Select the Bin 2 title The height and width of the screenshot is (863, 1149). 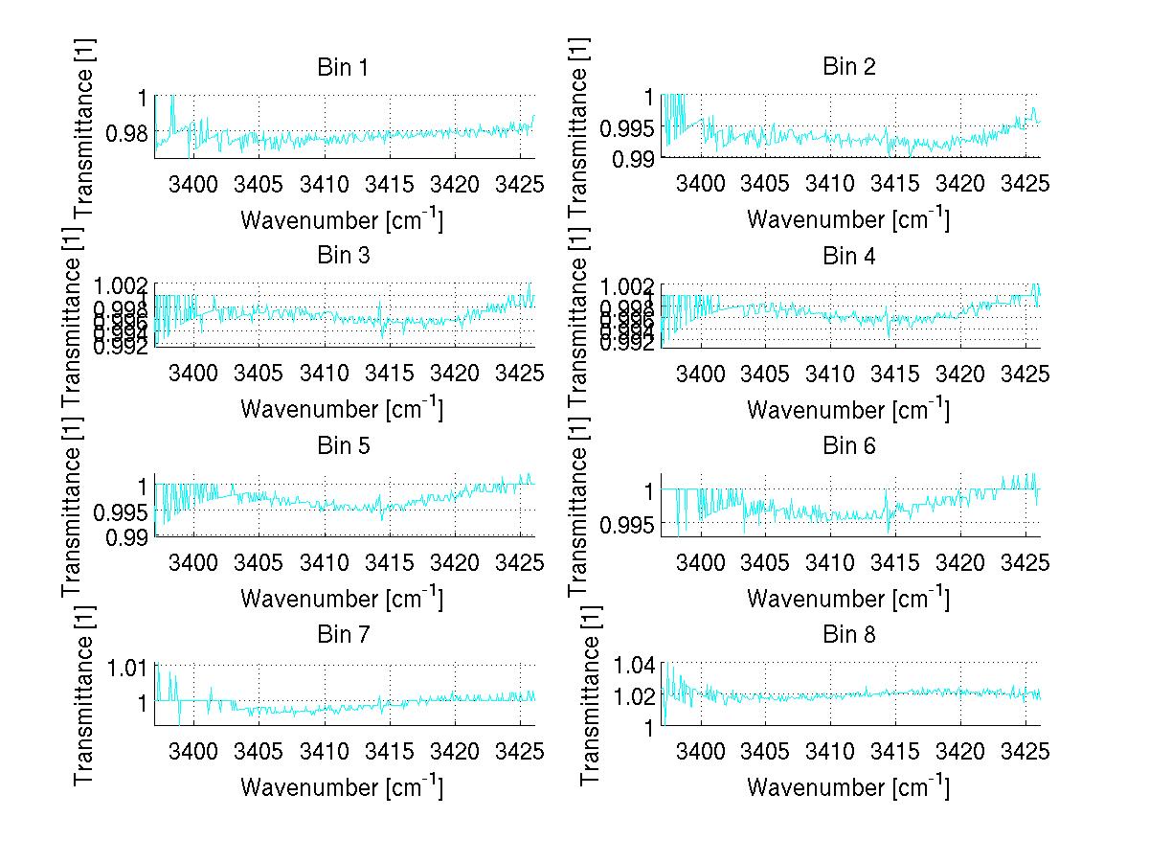[x=848, y=67]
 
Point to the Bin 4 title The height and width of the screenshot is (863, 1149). [x=848, y=256]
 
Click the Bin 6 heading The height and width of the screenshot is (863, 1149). [x=848, y=445]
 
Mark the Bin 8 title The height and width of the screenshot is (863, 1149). [x=848, y=634]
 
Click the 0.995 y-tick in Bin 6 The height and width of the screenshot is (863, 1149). [x=626, y=523]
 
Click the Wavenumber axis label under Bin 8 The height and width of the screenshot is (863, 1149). [x=848, y=787]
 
